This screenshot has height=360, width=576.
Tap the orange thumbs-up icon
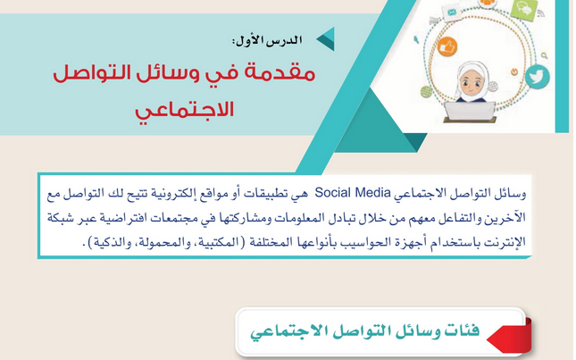447,47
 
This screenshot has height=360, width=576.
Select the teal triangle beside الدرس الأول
326,38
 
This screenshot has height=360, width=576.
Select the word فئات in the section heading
456,331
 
